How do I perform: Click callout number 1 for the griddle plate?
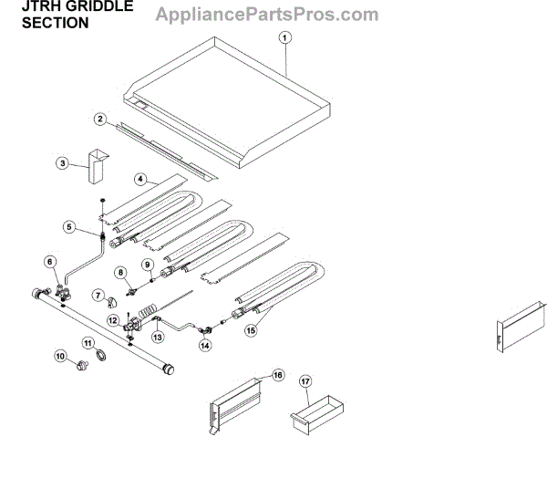[x=285, y=38]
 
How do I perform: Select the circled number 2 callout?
[x=101, y=119]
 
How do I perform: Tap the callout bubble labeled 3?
[x=63, y=163]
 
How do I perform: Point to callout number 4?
[x=141, y=181]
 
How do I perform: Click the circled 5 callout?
[x=68, y=227]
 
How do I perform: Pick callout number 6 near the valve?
[x=51, y=262]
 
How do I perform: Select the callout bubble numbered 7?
[x=98, y=295]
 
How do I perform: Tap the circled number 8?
[x=119, y=273]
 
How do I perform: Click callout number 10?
[x=63, y=357]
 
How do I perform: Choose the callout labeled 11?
[x=88, y=343]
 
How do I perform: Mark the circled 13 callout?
[x=158, y=337]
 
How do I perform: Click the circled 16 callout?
[x=278, y=374]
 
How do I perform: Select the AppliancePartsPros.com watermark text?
[x=267, y=15]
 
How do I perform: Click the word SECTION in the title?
[x=55, y=24]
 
